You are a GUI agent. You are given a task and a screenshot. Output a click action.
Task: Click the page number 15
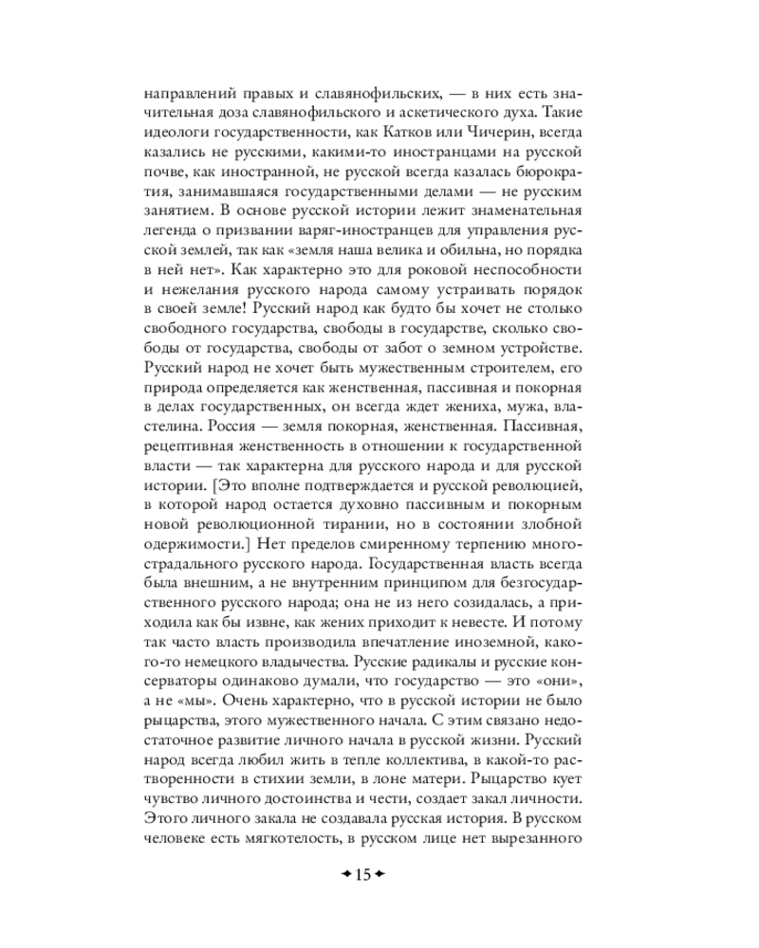click(x=361, y=874)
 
